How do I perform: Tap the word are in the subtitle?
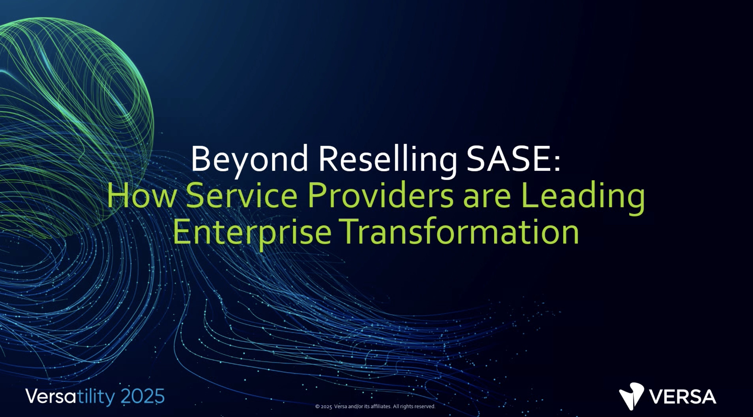(x=487, y=199)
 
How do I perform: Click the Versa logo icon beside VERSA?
(x=631, y=396)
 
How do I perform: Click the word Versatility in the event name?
(x=70, y=397)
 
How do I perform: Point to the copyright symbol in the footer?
(x=317, y=407)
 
